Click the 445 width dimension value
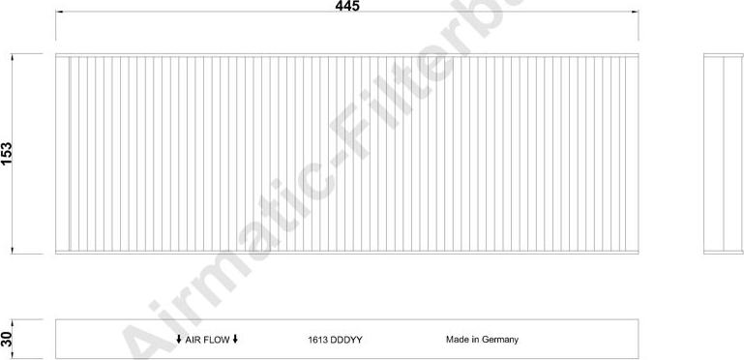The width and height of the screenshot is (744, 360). pyautogui.click(x=347, y=6)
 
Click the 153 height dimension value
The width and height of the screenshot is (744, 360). pyautogui.click(x=7, y=153)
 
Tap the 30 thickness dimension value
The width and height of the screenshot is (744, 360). pyautogui.click(x=6, y=339)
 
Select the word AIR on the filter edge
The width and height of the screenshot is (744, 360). pyautogui.click(x=193, y=340)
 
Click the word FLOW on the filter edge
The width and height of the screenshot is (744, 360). pyautogui.click(x=217, y=340)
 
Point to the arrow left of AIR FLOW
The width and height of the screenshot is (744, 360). pyautogui.click(x=179, y=339)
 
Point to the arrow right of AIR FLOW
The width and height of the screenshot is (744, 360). pyautogui.click(x=235, y=339)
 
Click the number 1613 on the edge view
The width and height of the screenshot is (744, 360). pyautogui.click(x=316, y=340)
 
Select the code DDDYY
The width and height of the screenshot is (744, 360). pyautogui.click(x=345, y=340)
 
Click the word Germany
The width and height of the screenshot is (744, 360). pyautogui.click(x=500, y=340)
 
